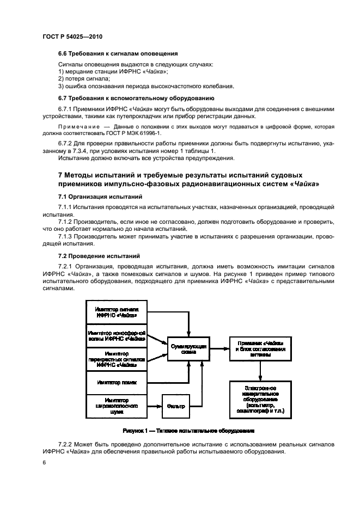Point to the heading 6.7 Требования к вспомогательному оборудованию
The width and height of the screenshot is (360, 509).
pyautogui.click(x=136, y=99)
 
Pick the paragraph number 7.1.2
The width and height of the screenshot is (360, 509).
pyautogui.click(x=68, y=222)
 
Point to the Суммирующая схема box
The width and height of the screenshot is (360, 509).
pyautogui.click(x=187, y=348)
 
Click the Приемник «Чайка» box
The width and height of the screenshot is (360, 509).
pyautogui.click(x=260, y=348)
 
